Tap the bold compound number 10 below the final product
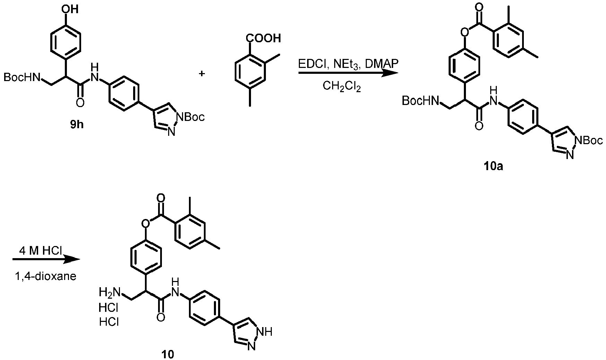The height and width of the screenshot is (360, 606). pos(168,354)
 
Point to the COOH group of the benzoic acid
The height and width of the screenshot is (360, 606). pos(264,38)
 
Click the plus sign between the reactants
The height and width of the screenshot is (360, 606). pos(202,73)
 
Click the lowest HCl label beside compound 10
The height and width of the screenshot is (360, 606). pos(109,322)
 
